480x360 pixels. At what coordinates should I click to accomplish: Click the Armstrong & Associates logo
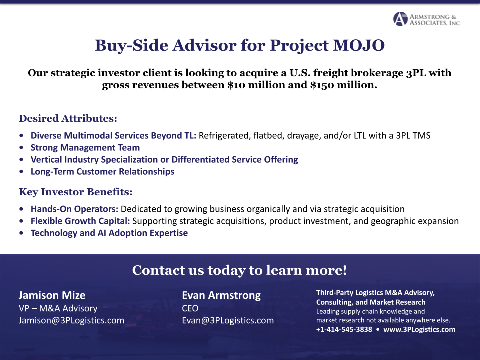[x=426, y=19]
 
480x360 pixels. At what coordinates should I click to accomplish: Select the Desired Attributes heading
[x=68, y=119]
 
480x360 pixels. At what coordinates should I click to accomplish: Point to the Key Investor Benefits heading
[x=75, y=192]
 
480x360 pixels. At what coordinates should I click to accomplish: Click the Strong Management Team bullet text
[x=85, y=148]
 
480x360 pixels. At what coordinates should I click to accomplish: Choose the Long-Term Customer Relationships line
[x=102, y=172]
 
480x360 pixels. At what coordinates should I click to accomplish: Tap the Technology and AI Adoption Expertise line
[x=109, y=233]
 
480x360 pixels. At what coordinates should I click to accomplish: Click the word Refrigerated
[x=225, y=136]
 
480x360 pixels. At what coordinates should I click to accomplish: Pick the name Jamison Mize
[x=52, y=295]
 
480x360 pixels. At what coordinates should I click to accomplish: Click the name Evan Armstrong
[x=221, y=295]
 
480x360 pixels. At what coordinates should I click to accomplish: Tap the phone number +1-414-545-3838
[x=344, y=330]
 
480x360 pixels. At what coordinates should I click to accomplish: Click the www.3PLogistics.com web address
[x=419, y=330]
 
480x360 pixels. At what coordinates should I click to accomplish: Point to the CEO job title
[x=190, y=308]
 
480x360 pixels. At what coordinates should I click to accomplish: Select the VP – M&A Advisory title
[x=58, y=308]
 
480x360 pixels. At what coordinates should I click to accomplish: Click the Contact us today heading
[x=239, y=271]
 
